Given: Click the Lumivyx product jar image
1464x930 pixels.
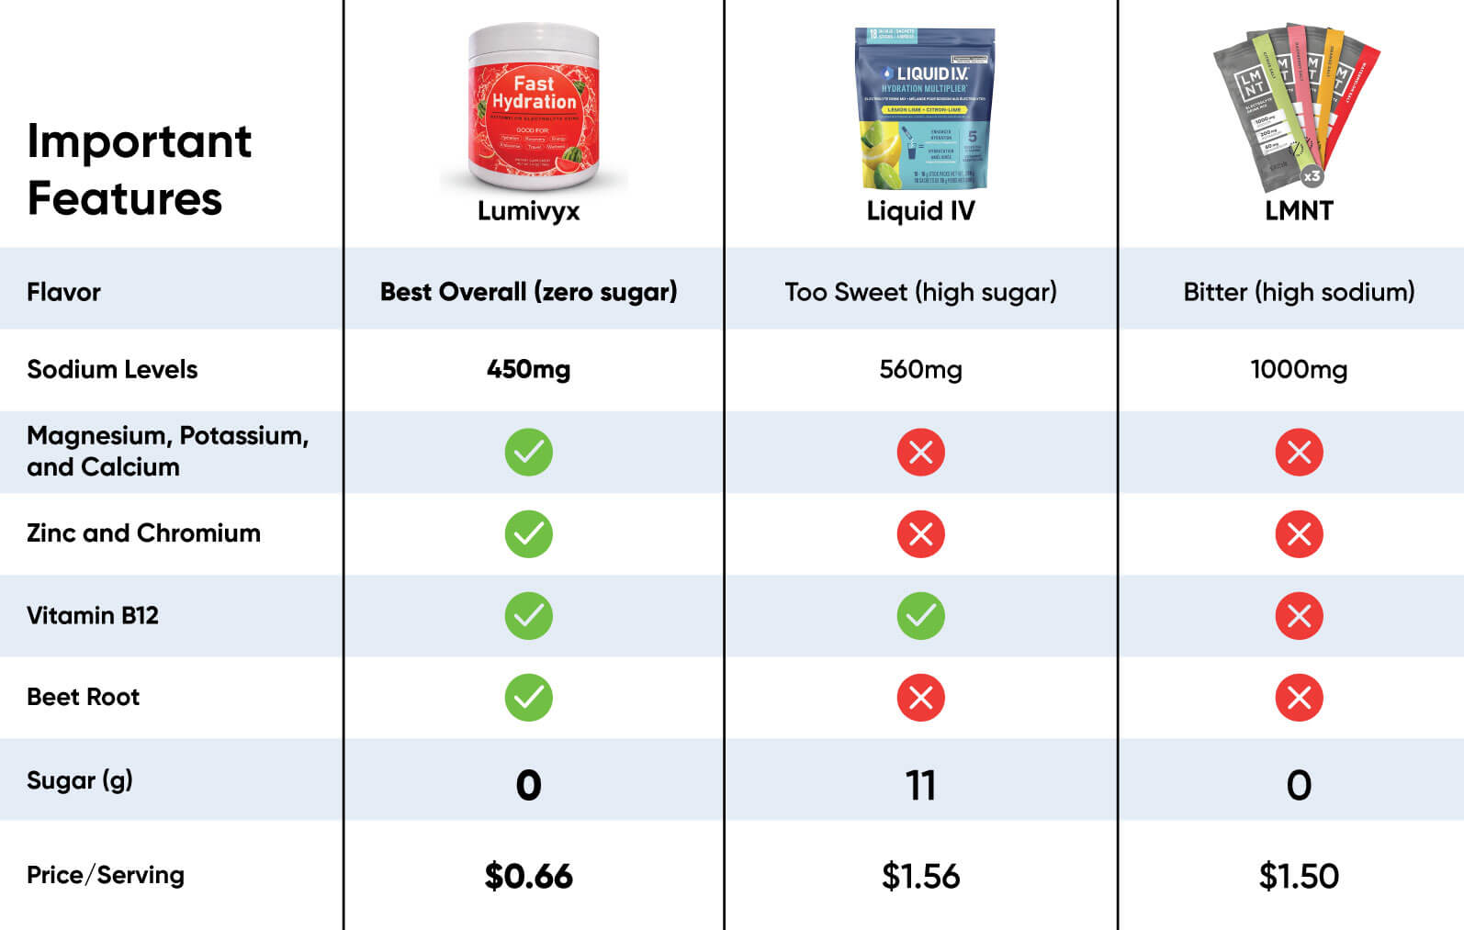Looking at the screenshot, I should (x=534, y=106).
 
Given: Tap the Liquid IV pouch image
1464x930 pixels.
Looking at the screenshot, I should (x=924, y=107).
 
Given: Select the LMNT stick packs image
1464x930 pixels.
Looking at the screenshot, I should (x=1296, y=105).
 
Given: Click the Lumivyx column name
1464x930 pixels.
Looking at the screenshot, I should (x=528, y=211).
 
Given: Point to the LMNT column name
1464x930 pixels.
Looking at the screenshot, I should (x=1299, y=211).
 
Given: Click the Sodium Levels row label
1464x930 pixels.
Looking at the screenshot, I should (x=112, y=369).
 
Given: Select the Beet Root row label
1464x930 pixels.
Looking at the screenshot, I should (x=83, y=697).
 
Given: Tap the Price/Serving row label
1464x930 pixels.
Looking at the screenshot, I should (x=105, y=875).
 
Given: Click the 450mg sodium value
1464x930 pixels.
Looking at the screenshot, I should (x=528, y=369).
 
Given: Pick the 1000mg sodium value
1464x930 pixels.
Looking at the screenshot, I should (x=1299, y=369).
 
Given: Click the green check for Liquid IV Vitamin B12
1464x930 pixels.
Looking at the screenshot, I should (x=920, y=616).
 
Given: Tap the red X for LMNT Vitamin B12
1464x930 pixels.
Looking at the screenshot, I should (x=1299, y=616).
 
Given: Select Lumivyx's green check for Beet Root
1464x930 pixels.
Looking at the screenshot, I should (x=528, y=698).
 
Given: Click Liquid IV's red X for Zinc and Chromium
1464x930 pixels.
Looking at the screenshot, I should (x=920, y=534).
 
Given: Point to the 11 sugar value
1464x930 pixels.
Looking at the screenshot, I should (x=920, y=786).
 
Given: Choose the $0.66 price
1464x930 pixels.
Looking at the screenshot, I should (x=528, y=876).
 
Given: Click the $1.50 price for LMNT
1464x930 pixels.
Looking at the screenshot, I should (x=1299, y=876).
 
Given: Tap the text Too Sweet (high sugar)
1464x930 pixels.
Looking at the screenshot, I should (x=920, y=292).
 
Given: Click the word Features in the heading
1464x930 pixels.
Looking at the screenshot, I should (x=125, y=198).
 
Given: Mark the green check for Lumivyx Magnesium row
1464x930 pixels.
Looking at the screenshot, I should (x=528, y=453).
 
